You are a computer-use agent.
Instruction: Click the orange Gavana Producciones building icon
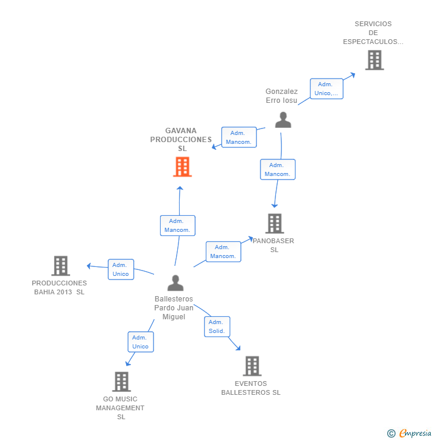tap(182, 167)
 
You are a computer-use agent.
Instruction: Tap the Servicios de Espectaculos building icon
tap(374, 60)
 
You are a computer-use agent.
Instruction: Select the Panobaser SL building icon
tap(274, 224)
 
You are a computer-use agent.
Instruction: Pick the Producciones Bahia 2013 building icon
tap(61, 266)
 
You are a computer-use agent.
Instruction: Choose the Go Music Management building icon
tap(121, 382)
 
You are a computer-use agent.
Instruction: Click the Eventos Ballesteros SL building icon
tap(252, 366)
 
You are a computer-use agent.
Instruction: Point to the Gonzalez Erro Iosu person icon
tap(283, 120)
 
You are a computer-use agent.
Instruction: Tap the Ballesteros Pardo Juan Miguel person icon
tap(175, 283)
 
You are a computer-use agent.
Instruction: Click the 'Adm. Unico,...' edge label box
tap(327, 89)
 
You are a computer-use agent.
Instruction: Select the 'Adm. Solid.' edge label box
tap(216, 326)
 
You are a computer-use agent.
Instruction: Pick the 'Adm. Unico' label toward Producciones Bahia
tap(121, 269)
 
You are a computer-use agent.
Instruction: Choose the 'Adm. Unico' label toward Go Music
tap(140, 342)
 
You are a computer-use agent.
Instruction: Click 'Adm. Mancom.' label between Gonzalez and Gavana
tap(239, 137)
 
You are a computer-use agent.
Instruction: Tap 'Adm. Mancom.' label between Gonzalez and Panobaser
tap(277, 169)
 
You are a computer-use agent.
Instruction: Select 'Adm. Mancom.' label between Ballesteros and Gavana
tap(177, 225)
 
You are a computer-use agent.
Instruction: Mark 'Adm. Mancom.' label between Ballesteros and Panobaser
tap(223, 252)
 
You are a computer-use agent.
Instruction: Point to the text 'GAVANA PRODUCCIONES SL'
tap(181, 140)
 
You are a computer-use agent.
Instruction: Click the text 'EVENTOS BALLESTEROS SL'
tap(250, 388)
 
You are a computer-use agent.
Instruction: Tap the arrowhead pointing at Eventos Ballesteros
tap(239, 348)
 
